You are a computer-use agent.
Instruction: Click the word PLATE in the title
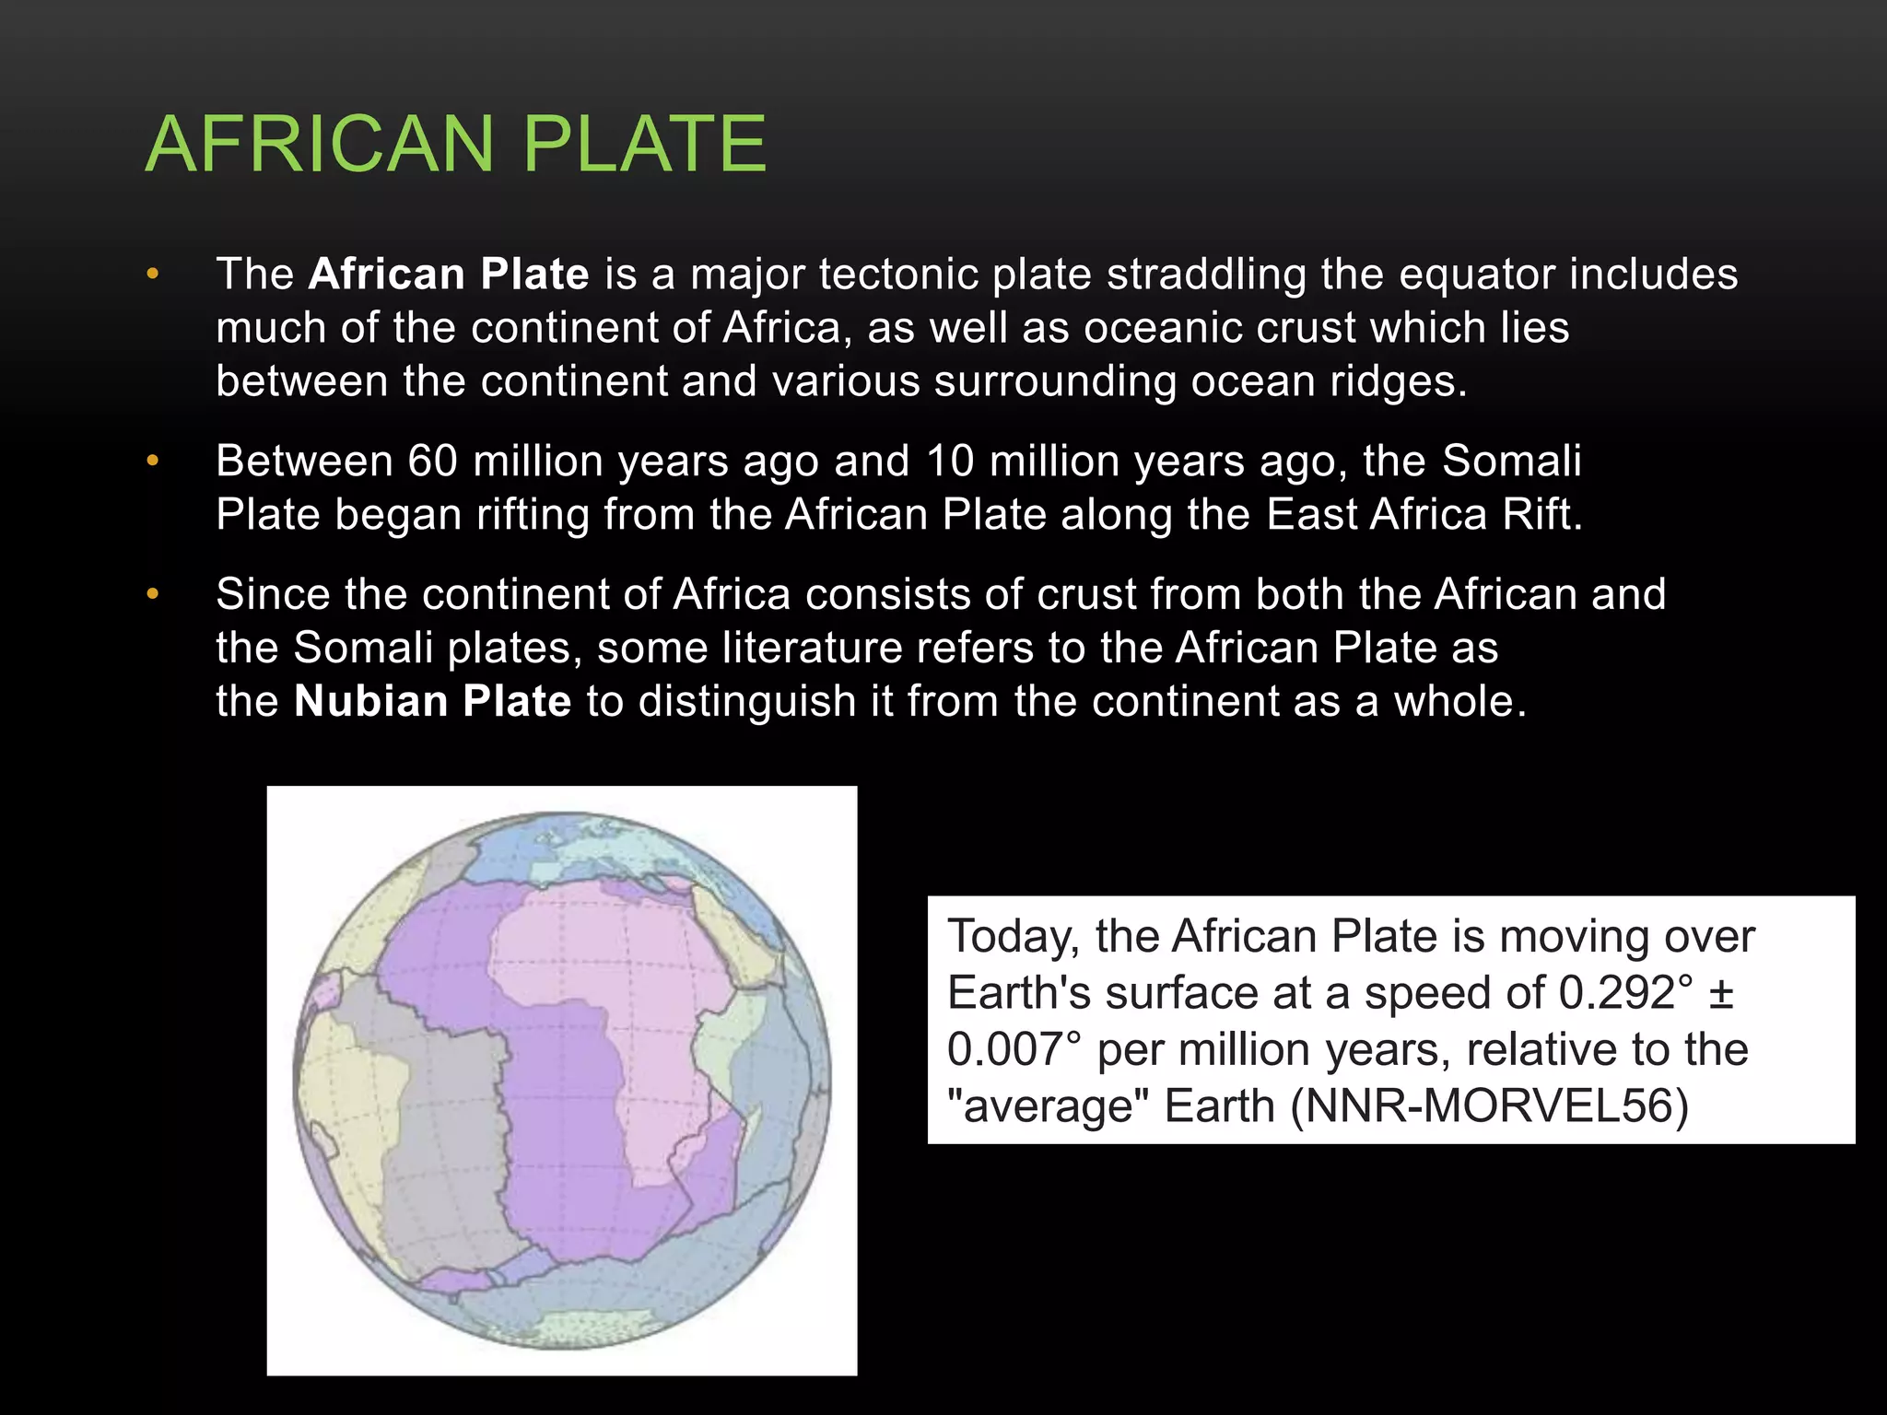(644, 144)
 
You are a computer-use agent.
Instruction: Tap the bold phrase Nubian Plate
(433, 701)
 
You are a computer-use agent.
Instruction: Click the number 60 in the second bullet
(433, 461)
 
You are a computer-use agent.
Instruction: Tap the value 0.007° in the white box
(1014, 1050)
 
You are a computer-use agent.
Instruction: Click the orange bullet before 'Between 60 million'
(153, 461)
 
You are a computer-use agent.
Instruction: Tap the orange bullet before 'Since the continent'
(153, 594)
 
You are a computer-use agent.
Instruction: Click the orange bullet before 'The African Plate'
(153, 275)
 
